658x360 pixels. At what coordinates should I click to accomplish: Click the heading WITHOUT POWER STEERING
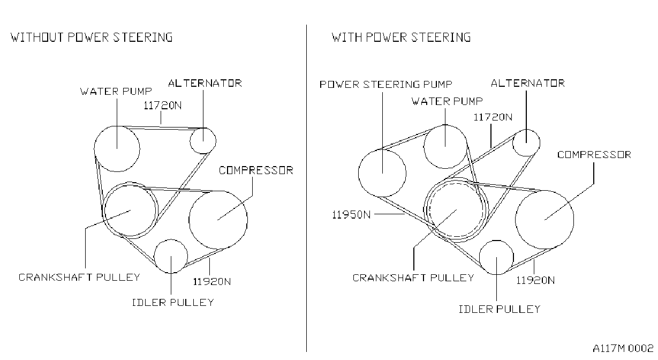(x=92, y=37)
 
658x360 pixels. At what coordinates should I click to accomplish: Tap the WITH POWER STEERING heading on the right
(x=401, y=37)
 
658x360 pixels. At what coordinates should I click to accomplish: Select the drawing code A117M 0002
(x=623, y=348)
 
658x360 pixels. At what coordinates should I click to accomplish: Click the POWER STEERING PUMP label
(x=385, y=85)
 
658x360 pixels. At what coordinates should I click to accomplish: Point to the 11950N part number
(x=351, y=215)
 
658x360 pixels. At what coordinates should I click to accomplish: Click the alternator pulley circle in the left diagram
(x=190, y=141)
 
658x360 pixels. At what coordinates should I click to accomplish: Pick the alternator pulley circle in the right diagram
(x=512, y=143)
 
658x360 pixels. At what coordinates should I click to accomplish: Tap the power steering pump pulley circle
(x=358, y=173)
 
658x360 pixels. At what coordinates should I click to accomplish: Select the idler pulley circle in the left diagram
(x=154, y=256)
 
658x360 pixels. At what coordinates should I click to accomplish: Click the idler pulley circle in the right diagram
(x=479, y=258)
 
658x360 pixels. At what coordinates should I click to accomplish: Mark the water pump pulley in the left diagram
(x=94, y=149)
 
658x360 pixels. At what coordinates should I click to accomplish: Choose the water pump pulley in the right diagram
(x=424, y=147)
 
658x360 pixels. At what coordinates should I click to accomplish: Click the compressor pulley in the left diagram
(x=189, y=220)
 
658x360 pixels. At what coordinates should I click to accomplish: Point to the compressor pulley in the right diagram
(x=516, y=220)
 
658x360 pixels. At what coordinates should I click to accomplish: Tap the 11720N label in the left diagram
(x=162, y=106)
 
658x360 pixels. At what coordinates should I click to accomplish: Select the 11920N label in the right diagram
(x=535, y=280)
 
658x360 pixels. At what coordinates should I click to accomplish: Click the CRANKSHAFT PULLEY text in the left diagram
(x=79, y=277)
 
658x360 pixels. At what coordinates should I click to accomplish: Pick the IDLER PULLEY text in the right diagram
(x=500, y=309)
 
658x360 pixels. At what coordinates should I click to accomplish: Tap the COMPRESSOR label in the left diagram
(x=256, y=170)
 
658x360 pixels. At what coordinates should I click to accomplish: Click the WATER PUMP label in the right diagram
(x=447, y=101)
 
